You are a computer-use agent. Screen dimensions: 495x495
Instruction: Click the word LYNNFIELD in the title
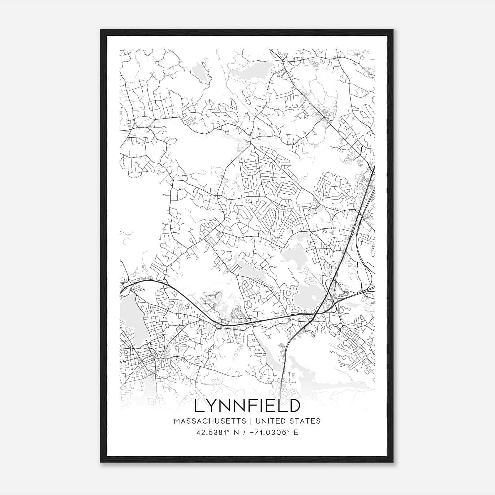point(247,406)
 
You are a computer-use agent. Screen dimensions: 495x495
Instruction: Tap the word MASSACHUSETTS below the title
point(210,421)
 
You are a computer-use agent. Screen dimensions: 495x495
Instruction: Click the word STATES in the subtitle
point(304,421)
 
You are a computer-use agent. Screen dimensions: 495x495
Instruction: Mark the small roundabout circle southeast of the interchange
point(340,326)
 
